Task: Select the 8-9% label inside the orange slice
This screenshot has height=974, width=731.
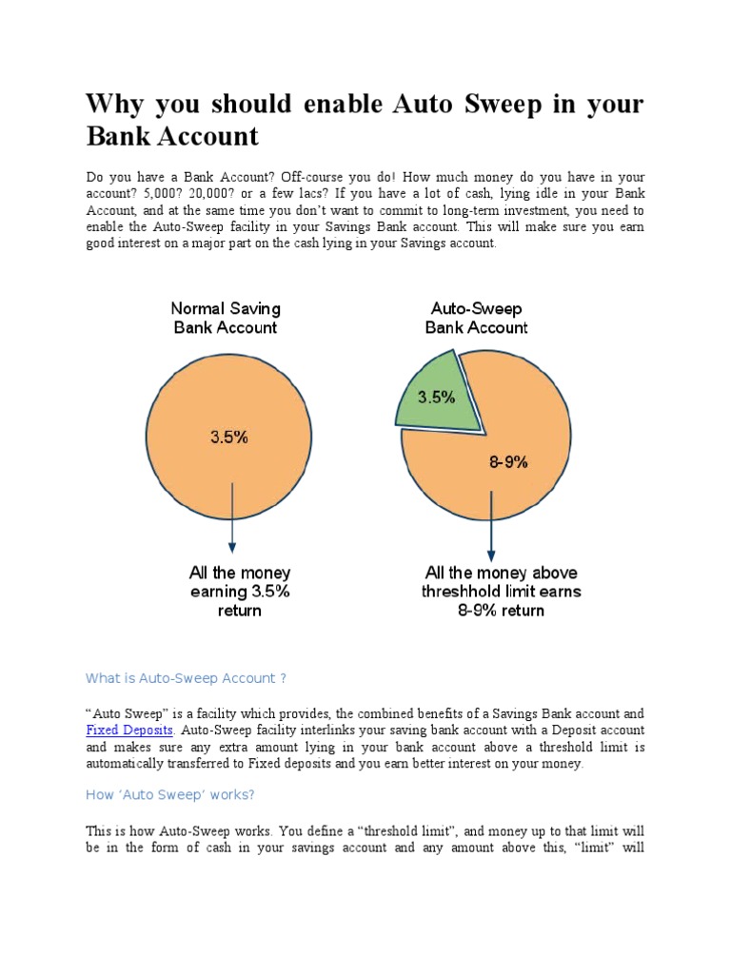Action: (508, 462)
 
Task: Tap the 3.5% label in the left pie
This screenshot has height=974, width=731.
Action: (228, 438)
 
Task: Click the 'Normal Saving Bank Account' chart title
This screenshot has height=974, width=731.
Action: (226, 318)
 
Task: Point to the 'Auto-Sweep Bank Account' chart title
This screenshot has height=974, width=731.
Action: (476, 318)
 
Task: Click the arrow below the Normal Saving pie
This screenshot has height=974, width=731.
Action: (231, 518)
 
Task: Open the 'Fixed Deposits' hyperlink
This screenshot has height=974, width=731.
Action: (129, 730)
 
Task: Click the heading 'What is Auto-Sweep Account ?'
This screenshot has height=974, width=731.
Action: (186, 678)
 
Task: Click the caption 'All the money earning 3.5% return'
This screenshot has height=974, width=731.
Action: (239, 591)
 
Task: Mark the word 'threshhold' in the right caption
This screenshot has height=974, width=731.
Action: (467, 591)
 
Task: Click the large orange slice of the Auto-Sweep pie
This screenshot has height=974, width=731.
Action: (533, 419)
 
